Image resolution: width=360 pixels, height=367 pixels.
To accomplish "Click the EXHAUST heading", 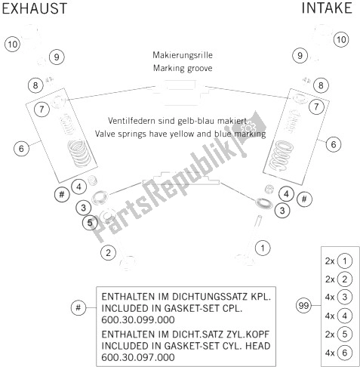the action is [x=35, y=8].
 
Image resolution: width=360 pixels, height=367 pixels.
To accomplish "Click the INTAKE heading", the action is [x=327, y=8].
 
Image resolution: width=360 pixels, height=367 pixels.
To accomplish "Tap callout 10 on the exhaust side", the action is [x=13, y=45].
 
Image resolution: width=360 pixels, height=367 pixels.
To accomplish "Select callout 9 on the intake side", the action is [x=300, y=56].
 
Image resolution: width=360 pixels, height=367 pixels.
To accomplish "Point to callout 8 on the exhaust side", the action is [x=35, y=85].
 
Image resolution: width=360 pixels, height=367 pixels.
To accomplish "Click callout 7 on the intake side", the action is [x=316, y=106].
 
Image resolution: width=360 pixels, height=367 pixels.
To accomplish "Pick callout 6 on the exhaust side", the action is [x=21, y=148].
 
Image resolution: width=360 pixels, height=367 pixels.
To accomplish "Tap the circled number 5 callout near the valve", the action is [x=90, y=223].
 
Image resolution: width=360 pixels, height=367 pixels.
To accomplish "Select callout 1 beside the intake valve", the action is [x=263, y=248].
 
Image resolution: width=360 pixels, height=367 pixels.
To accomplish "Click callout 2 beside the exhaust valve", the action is [x=108, y=253].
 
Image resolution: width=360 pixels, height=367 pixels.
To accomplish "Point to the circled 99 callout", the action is [x=303, y=306].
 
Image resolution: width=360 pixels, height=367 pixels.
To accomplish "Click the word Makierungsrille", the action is [x=183, y=55].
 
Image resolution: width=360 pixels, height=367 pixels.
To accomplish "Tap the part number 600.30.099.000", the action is [x=138, y=319].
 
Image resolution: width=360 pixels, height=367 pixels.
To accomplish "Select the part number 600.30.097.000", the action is [x=138, y=357].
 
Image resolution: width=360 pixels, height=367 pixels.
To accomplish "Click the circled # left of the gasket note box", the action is [x=78, y=307].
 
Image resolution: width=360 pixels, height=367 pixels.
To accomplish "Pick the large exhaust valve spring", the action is [x=79, y=153].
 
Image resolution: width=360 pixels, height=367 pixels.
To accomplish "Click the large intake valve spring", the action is [x=281, y=155].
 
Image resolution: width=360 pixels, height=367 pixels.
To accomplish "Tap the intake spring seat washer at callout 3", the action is [x=263, y=203].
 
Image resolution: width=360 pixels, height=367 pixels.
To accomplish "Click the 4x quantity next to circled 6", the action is [x=330, y=353].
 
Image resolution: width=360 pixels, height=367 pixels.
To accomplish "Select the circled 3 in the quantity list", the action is [x=344, y=298].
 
